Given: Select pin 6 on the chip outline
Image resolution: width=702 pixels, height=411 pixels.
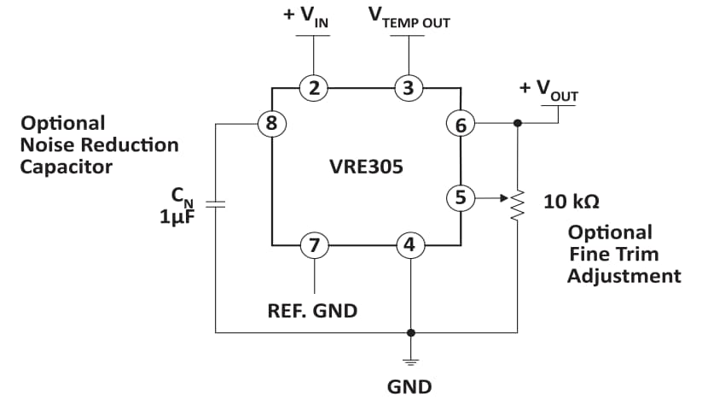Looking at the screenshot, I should tap(461, 124).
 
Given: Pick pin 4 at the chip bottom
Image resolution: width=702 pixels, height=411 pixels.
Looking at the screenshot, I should tap(409, 245).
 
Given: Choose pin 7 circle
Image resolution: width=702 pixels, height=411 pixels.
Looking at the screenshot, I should tap(315, 245).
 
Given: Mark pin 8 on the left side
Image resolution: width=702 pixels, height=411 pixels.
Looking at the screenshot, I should tap(271, 123).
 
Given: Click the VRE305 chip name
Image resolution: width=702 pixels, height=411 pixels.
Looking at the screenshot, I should tap(366, 166).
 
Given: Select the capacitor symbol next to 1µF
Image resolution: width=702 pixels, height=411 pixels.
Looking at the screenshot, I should tap(216, 205).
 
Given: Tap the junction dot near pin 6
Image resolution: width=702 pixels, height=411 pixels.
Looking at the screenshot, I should tap(517, 123).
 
